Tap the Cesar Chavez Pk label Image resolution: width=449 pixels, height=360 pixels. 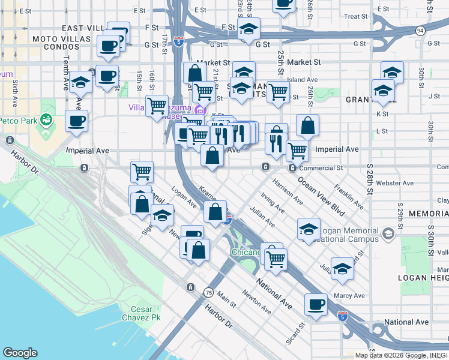point(142,313)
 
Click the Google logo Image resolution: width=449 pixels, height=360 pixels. point(20,353)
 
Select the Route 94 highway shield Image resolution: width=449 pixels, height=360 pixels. point(420,30)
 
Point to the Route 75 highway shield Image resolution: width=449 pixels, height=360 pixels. point(208,292)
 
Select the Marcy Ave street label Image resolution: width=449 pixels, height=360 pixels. point(350,295)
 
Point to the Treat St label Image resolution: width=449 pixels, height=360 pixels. point(355,17)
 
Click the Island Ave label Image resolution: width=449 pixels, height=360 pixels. point(303,79)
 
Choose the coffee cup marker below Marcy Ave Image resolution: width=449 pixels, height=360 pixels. point(316,304)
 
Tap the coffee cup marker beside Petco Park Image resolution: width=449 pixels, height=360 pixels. point(76,121)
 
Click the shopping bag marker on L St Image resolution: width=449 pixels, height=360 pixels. point(307,126)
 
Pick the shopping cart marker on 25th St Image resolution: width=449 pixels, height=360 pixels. point(277,92)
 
